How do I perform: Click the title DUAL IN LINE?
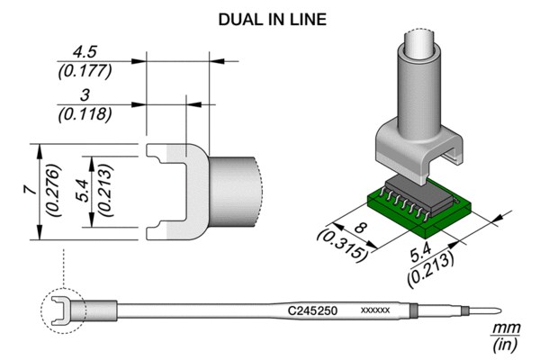coord(273,20)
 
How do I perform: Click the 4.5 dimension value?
coord(85,52)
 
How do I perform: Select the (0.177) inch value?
coord(85,72)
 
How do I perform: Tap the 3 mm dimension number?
coord(85,95)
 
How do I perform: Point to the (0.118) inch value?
coord(85,114)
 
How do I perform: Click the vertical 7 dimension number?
coord(31,190)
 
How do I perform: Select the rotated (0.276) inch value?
coord(54,191)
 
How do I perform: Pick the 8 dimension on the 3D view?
coord(360,228)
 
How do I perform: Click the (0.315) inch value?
coord(342,246)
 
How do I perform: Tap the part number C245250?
coord(312,310)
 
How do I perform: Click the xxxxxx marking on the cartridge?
coord(375,310)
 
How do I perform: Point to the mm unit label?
coord(506,328)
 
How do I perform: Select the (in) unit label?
coord(505,345)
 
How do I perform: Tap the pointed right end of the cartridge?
coord(500,310)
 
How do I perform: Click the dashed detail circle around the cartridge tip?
coord(41,310)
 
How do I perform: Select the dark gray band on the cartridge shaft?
coord(414,310)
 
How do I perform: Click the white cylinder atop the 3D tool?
coord(419,44)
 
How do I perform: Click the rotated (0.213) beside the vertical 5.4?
coord(105,191)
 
